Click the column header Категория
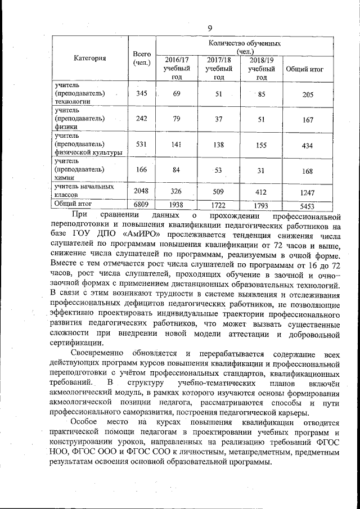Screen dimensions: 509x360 click(90, 58)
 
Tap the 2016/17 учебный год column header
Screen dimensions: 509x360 click(177, 68)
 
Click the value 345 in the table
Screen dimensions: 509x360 click(141, 93)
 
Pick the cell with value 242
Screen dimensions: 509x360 click(141, 119)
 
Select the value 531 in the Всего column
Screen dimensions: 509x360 click(141, 145)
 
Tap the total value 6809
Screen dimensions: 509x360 click(141, 205)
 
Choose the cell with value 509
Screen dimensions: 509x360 click(219, 191)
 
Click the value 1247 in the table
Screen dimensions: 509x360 click(308, 192)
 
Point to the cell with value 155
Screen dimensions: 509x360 click(262, 145)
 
